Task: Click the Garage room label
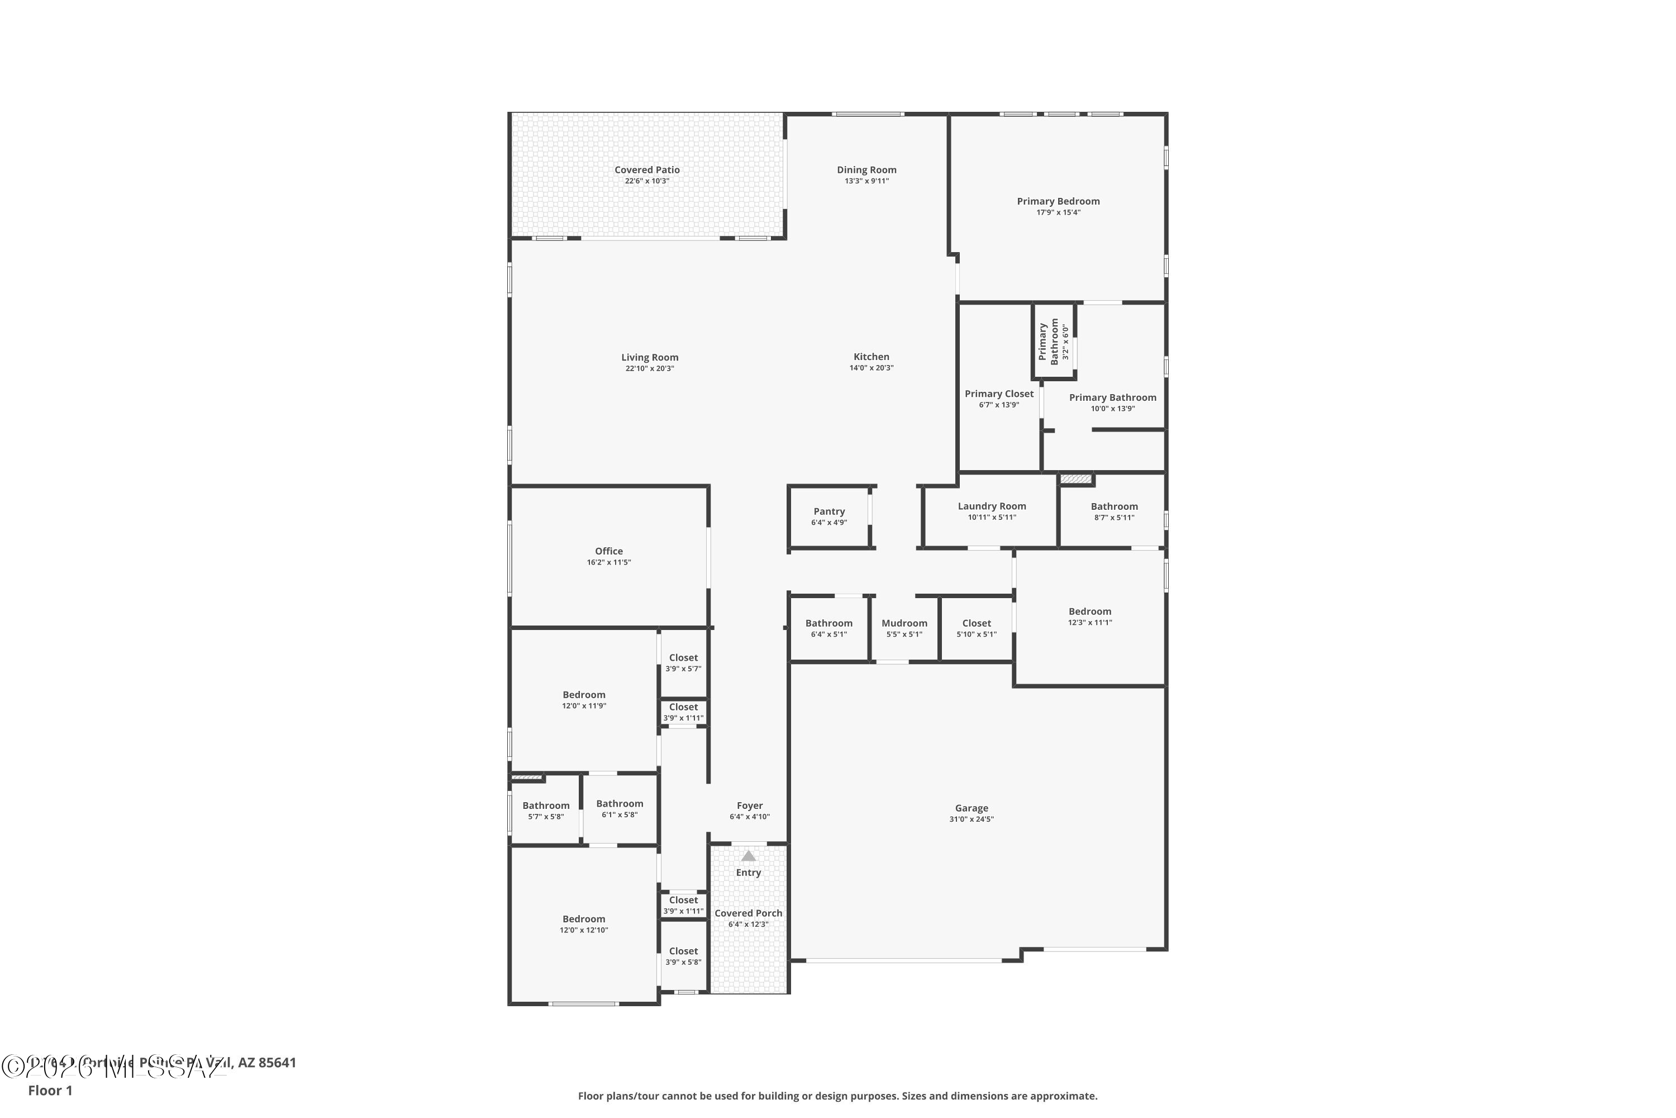point(972,808)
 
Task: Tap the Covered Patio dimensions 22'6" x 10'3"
point(647,181)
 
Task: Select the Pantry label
point(829,511)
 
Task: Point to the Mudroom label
point(904,623)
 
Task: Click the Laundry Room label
point(991,506)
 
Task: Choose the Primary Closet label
point(998,394)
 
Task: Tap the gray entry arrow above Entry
point(748,856)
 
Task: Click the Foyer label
point(750,806)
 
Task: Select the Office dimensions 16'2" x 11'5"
point(608,562)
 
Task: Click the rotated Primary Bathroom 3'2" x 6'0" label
point(1053,341)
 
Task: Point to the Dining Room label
point(866,170)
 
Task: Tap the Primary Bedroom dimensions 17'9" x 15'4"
point(1058,212)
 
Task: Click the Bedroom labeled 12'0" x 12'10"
point(584,919)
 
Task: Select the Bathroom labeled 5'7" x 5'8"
point(546,806)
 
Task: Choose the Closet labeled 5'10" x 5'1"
point(976,623)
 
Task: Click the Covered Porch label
point(748,913)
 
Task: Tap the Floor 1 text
point(50,1090)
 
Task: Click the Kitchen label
point(871,357)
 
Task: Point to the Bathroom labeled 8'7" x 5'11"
point(1114,506)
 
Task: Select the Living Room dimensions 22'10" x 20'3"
point(649,368)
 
